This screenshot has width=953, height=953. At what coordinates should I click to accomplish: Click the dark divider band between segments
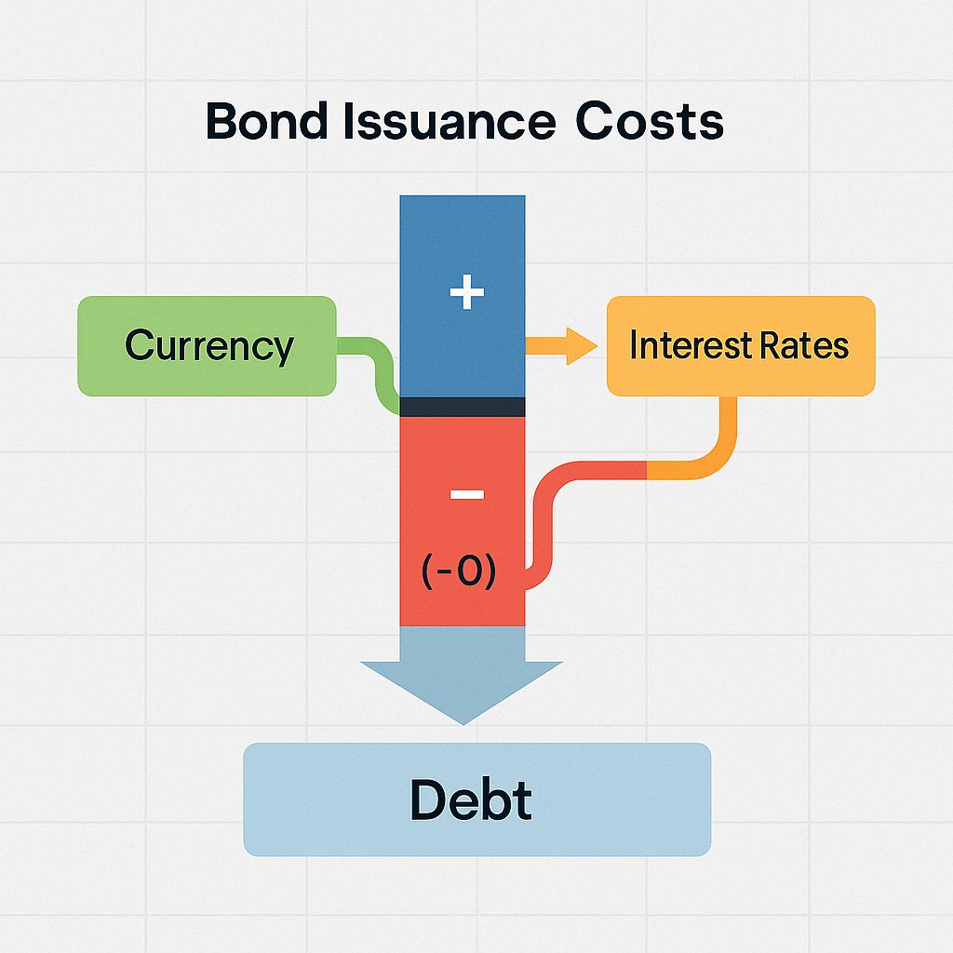click(462, 407)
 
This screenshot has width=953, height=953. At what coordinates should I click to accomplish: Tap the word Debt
click(471, 800)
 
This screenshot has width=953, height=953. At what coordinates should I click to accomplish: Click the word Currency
click(208, 346)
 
